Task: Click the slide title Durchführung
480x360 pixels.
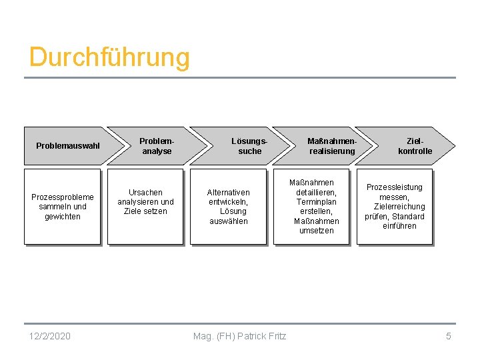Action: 109,57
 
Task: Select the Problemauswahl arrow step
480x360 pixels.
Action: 67,146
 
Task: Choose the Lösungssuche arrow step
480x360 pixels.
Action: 249,146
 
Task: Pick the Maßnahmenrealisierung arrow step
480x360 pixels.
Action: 332,146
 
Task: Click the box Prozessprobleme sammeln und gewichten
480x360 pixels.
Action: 62,207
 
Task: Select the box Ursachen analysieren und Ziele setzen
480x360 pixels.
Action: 145,207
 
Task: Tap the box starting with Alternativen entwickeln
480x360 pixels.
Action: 229,207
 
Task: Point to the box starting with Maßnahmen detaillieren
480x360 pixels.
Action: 312,207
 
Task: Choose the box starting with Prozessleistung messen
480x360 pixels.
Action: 395,207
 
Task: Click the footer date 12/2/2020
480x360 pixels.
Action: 50,336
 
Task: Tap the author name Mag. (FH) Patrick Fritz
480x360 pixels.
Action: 239,336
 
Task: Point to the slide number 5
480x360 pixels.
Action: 449,336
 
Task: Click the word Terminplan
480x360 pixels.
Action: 317,202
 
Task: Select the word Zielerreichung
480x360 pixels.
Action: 395,207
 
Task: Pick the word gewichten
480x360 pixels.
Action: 63,217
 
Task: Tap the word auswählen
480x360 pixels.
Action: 229,221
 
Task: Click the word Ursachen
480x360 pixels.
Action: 145,193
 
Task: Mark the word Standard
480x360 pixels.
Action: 408,216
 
